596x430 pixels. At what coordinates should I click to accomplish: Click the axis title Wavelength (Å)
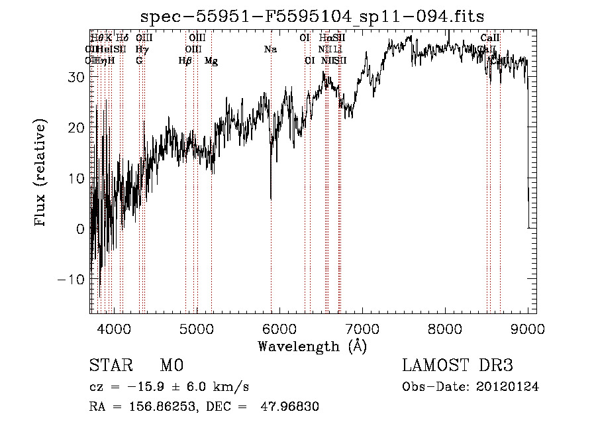click(x=312, y=346)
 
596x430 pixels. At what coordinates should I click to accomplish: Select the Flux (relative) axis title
click(x=41, y=173)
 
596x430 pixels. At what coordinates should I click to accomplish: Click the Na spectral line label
click(x=270, y=50)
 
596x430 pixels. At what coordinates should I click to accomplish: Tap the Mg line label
click(x=211, y=61)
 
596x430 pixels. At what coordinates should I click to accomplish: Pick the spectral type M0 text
click(x=171, y=366)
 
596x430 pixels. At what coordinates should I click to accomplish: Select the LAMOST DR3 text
click(x=458, y=366)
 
